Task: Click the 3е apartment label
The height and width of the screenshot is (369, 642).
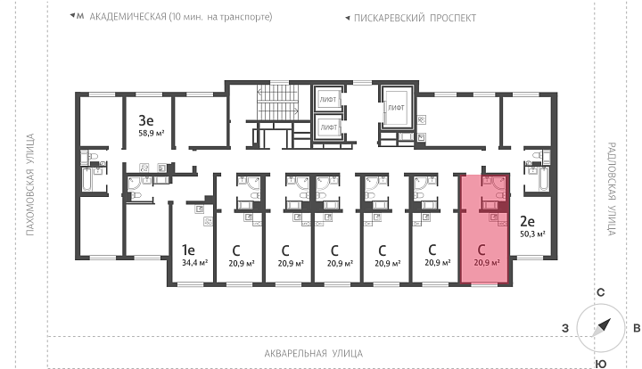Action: tap(145, 120)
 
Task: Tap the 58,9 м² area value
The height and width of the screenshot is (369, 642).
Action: tap(152, 133)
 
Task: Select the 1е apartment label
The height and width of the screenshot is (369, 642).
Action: tap(188, 250)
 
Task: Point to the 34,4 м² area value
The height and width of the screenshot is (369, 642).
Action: tap(195, 262)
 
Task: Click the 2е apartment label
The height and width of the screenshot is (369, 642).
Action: tap(527, 221)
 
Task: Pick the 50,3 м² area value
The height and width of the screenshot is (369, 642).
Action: tap(532, 234)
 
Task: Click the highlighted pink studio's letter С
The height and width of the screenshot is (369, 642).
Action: tap(481, 250)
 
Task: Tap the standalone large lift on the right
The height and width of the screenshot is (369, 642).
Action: tap(396, 107)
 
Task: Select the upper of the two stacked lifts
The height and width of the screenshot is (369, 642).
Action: tap(328, 99)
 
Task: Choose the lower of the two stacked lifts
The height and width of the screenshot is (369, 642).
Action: tap(328, 127)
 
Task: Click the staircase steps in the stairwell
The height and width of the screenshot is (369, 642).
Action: tap(277, 102)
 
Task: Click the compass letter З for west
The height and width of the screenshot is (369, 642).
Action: tap(565, 328)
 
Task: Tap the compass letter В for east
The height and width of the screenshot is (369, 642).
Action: tap(637, 328)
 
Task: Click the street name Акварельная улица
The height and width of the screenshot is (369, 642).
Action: tap(314, 353)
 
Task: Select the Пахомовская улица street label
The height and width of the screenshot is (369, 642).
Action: tap(30, 184)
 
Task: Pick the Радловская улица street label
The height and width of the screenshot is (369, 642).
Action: tap(612, 189)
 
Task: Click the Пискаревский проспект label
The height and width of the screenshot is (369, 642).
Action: tap(415, 18)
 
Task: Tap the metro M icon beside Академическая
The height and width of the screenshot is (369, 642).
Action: tap(80, 16)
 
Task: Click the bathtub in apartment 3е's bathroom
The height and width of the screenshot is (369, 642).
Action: tap(87, 179)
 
